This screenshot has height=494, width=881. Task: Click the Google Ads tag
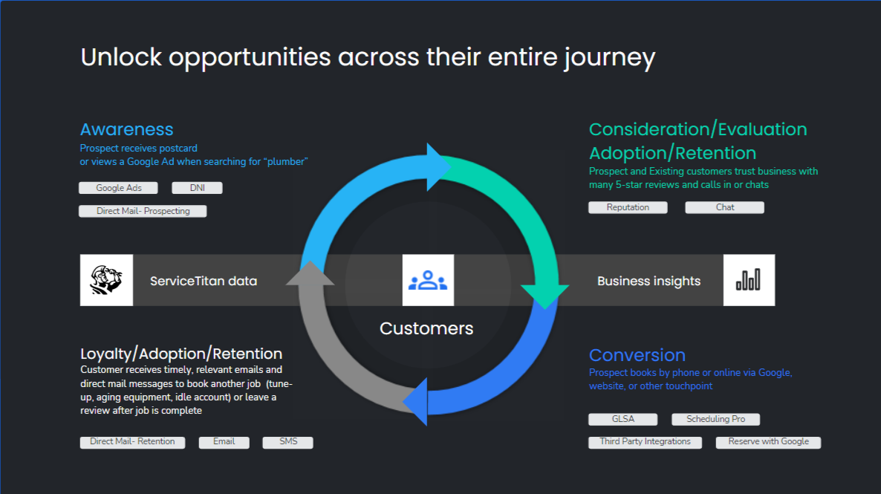(x=119, y=188)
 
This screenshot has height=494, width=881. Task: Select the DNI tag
(x=197, y=188)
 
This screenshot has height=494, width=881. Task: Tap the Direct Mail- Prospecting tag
(x=143, y=211)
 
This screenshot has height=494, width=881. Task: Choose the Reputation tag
(x=628, y=207)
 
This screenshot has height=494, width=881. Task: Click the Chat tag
(x=725, y=207)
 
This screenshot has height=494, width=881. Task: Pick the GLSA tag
(x=623, y=419)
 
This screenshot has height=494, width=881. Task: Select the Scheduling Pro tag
(x=715, y=419)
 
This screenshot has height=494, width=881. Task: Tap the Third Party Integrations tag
(x=645, y=442)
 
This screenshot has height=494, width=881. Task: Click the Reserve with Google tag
(x=768, y=442)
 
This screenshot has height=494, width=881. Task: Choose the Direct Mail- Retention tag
(x=132, y=442)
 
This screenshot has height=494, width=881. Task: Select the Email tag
(x=224, y=442)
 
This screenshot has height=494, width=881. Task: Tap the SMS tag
(x=288, y=442)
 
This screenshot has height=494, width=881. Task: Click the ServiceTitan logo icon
(x=106, y=280)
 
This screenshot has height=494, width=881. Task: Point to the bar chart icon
(x=749, y=280)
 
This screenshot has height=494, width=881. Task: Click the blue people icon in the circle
(x=428, y=280)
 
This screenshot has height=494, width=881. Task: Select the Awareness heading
(x=127, y=129)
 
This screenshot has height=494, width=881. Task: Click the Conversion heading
(x=637, y=355)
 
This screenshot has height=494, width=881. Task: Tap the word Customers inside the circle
(x=426, y=328)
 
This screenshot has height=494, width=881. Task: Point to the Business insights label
(x=648, y=281)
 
